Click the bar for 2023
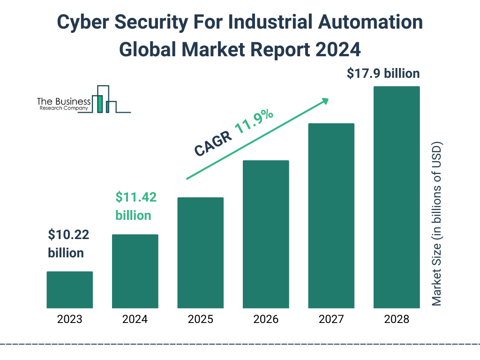[x=69, y=290]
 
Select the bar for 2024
[x=135, y=271]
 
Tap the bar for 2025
[x=201, y=253]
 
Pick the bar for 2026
[x=266, y=234]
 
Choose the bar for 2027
[x=331, y=216]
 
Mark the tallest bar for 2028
[x=397, y=197]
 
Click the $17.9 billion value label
[x=383, y=74]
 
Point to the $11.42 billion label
[x=136, y=206]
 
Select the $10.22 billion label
[x=68, y=243]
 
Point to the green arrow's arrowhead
[x=325, y=100]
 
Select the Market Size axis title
[x=437, y=223]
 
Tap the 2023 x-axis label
[x=69, y=320]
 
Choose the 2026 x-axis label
[x=266, y=320]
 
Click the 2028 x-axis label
[x=397, y=320]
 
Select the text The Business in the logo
[x=64, y=102]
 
